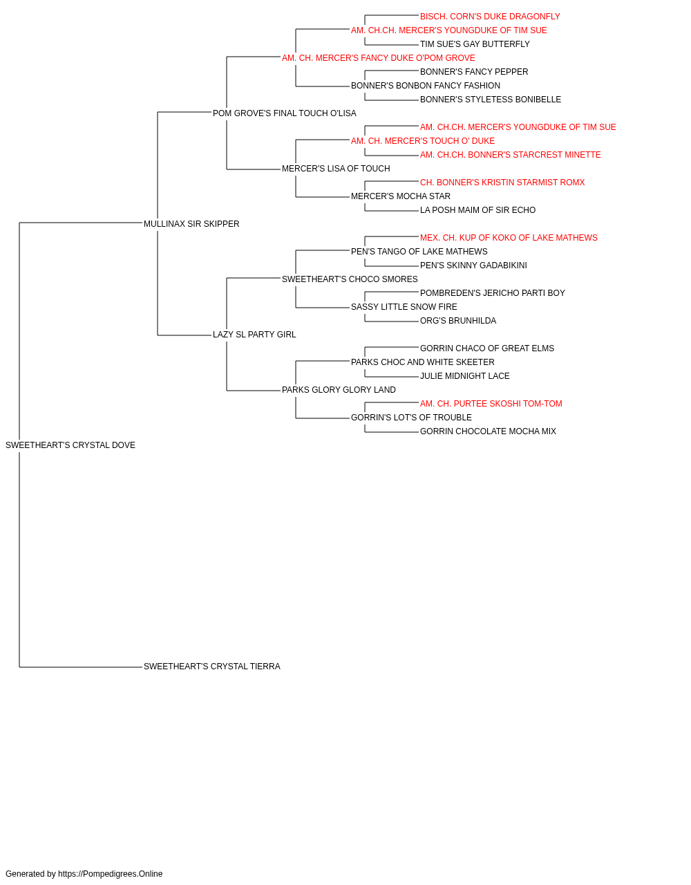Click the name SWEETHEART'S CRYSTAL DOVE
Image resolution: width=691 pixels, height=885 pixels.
click(70, 445)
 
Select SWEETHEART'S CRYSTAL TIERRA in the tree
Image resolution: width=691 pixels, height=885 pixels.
click(212, 667)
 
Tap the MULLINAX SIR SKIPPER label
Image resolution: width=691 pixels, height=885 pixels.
click(191, 224)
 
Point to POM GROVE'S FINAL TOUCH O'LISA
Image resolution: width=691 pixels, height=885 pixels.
click(285, 113)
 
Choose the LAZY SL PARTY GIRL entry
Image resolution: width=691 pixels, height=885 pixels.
click(254, 335)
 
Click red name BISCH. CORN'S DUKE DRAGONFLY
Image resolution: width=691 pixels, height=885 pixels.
click(490, 17)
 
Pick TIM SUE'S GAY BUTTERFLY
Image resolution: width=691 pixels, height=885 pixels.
click(475, 44)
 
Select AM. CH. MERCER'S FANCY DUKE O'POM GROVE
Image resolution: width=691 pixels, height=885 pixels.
click(379, 58)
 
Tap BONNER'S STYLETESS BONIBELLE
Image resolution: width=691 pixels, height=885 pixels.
click(491, 100)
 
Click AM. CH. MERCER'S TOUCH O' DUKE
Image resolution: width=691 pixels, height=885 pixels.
click(423, 141)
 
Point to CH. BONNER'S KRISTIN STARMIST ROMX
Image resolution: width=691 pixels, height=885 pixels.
click(502, 183)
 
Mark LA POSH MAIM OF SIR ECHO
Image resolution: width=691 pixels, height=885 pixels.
click(477, 210)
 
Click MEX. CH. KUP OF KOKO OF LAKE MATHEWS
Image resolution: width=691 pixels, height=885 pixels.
click(509, 238)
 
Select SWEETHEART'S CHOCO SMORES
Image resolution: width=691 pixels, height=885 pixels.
click(350, 279)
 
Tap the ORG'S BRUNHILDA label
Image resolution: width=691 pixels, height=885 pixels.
click(458, 321)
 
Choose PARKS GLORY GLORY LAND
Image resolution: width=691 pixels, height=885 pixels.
click(339, 390)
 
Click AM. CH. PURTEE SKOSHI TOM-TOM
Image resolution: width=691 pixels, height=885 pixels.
click(491, 404)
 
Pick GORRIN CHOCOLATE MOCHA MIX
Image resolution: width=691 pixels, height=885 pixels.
click(488, 431)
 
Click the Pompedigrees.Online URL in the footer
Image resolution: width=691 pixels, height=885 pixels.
click(111, 874)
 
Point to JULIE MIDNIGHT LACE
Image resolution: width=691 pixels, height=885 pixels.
click(465, 376)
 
